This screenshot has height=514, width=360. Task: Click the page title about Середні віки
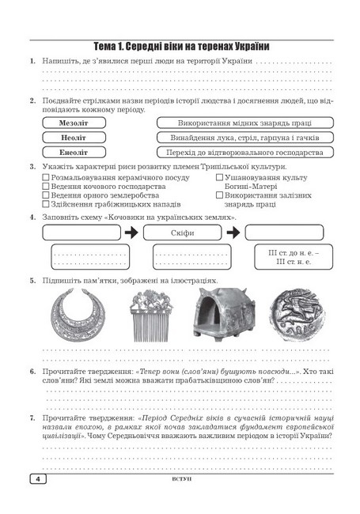click(x=180, y=46)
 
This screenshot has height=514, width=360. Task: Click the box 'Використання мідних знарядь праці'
click(x=244, y=123)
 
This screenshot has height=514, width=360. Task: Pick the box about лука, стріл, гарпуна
click(x=244, y=138)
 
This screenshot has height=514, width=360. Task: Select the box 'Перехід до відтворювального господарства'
click(x=244, y=152)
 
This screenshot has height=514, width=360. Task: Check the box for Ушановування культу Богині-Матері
click(x=219, y=179)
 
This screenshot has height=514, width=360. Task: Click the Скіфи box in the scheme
click(x=183, y=232)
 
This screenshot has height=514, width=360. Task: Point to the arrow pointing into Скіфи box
click(x=131, y=232)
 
